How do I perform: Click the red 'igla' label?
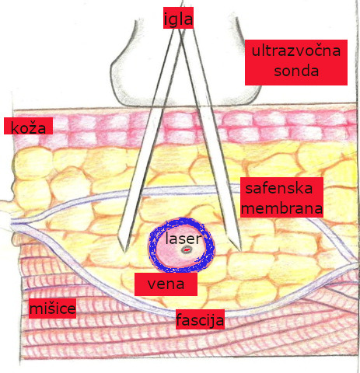click(178, 18)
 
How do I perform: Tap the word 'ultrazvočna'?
click(296, 51)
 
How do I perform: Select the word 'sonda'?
click(296, 71)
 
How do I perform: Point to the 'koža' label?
click(28, 126)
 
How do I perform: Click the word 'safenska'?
click(279, 188)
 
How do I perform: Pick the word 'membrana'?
click(282, 208)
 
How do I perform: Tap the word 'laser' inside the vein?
click(183, 239)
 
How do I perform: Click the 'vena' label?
click(166, 284)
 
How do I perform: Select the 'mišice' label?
click(52, 309)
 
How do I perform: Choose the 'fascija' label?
click(200, 319)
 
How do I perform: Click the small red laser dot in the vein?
click(187, 250)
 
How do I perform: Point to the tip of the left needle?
click(124, 251)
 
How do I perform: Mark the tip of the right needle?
click(240, 249)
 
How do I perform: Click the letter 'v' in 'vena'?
click(152, 284)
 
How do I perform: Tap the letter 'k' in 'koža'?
click(15, 127)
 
